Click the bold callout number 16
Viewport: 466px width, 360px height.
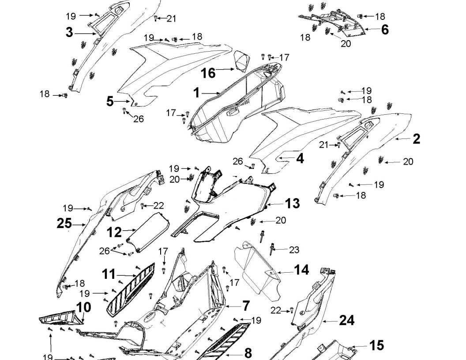click(x=208, y=73)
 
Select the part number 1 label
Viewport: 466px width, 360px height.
click(x=197, y=93)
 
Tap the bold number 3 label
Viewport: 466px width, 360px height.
click(x=69, y=33)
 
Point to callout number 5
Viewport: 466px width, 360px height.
click(x=110, y=101)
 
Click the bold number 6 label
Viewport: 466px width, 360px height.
click(x=385, y=30)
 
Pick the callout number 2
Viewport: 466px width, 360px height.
click(x=416, y=139)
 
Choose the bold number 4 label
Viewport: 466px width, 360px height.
click(x=300, y=158)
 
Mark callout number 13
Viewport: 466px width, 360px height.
click(x=292, y=204)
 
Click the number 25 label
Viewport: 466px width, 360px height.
click(x=64, y=224)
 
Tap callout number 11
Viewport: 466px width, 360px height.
click(x=109, y=274)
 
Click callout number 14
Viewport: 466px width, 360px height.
click(x=301, y=270)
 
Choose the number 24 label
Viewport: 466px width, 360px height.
click(x=346, y=321)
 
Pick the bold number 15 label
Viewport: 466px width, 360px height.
click(x=376, y=345)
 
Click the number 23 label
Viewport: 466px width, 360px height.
click(x=294, y=250)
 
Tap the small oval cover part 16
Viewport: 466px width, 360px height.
click(x=241, y=61)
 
